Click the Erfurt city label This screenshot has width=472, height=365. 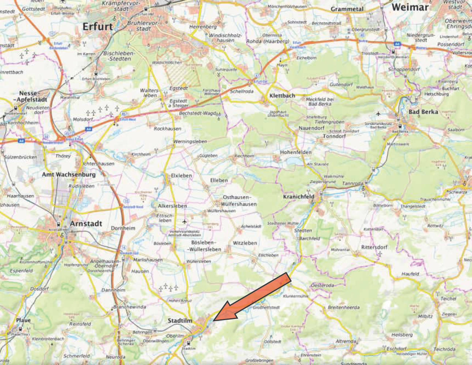click(x=98, y=26)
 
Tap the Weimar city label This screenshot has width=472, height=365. click(x=409, y=7)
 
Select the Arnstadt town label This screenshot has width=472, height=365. click(x=86, y=223)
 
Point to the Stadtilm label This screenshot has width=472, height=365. click(x=180, y=320)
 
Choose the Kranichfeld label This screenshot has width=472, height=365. click(x=299, y=197)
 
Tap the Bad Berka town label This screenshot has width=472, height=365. click(x=423, y=112)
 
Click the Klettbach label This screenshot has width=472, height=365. click(x=282, y=96)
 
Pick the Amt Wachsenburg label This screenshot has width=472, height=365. click(x=69, y=174)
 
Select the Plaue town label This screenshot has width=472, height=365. click(x=23, y=320)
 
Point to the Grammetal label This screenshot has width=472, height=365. click(x=347, y=9)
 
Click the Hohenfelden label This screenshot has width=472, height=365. click(x=296, y=152)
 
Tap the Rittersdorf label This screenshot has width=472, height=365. click(x=374, y=247)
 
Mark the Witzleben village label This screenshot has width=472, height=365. click(x=245, y=243)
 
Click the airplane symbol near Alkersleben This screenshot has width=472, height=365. click(x=184, y=221)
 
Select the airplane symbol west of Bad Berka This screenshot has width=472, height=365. click(x=378, y=113)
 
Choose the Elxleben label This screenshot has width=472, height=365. click(x=181, y=176)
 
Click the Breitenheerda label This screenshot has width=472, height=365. click(x=343, y=308)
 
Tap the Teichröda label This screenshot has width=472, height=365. click(x=445, y=349)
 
